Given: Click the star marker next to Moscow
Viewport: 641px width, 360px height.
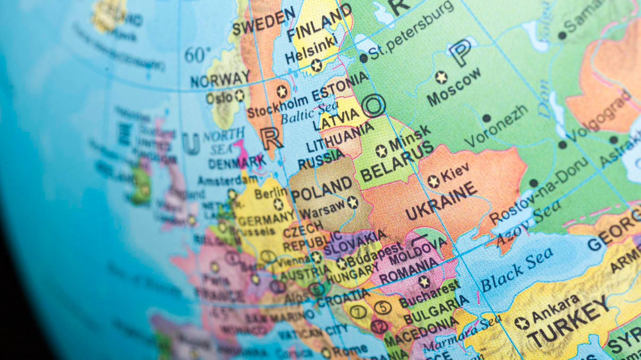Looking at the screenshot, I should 441,77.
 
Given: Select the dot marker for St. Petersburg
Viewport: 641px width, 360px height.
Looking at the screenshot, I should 364,58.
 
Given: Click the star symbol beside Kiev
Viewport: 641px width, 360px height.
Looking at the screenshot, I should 434,181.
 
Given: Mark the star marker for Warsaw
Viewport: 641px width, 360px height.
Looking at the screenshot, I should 352,202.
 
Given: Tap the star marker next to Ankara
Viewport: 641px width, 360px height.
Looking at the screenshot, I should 522,323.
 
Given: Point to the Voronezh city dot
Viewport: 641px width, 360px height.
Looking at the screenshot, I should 486,118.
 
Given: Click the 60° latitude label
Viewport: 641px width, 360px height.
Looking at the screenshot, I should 198,54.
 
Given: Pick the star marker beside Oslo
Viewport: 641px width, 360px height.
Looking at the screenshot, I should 240,96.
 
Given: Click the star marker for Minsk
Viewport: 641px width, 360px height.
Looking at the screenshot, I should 381,151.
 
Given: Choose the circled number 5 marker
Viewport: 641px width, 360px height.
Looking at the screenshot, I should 382,307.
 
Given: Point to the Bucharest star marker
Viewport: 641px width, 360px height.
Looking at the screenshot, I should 423,281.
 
